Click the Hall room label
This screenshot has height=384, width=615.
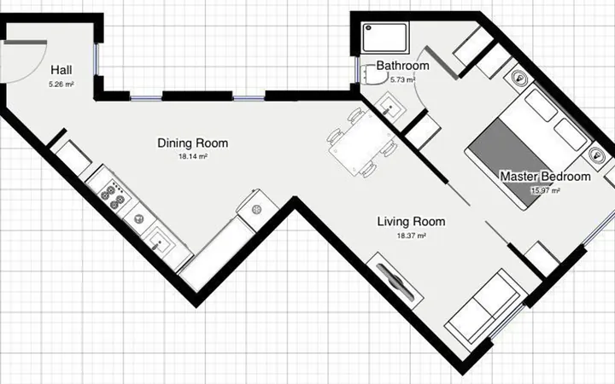click(61, 70)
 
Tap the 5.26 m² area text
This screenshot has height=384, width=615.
click(61, 84)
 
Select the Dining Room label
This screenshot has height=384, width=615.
click(192, 143)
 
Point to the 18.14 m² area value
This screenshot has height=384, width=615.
click(192, 156)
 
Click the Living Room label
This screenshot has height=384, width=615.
click(411, 221)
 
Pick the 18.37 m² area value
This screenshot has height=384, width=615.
click(412, 236)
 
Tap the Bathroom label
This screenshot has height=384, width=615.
click(403, 66)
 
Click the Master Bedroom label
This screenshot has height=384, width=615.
click(545, 177)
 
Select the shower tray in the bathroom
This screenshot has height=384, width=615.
click(385, 38)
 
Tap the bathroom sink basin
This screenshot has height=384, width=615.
click(389, 106)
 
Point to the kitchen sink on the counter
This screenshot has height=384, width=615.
click(159, 242)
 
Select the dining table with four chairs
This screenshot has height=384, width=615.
click(362, 143)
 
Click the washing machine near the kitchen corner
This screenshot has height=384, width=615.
click(258, 210)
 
